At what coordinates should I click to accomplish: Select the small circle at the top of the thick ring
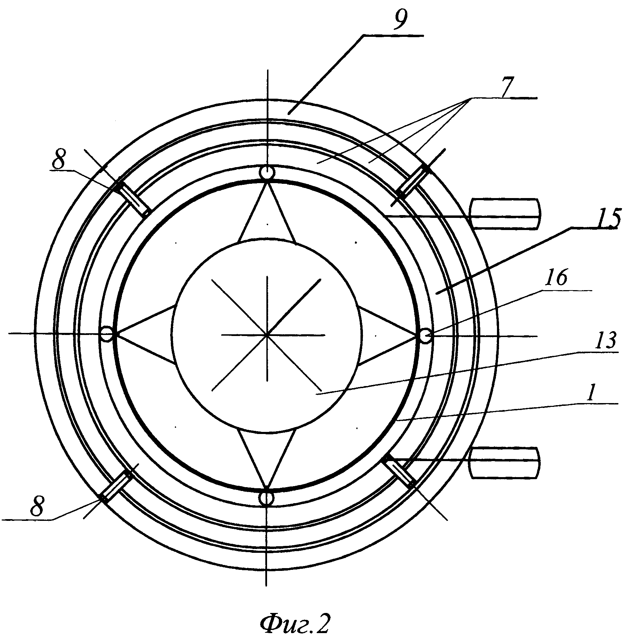pyautogui.click(x=267, y=172)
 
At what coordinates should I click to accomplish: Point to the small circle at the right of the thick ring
pyautogui.click(x=426, y=336)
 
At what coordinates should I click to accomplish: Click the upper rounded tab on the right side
pyautogui.click(x=506, y=214)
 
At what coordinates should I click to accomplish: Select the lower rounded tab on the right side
pyautogui.click(x=505, y=463)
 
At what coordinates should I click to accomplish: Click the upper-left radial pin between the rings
pyautogui.click(x=132, y=196)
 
